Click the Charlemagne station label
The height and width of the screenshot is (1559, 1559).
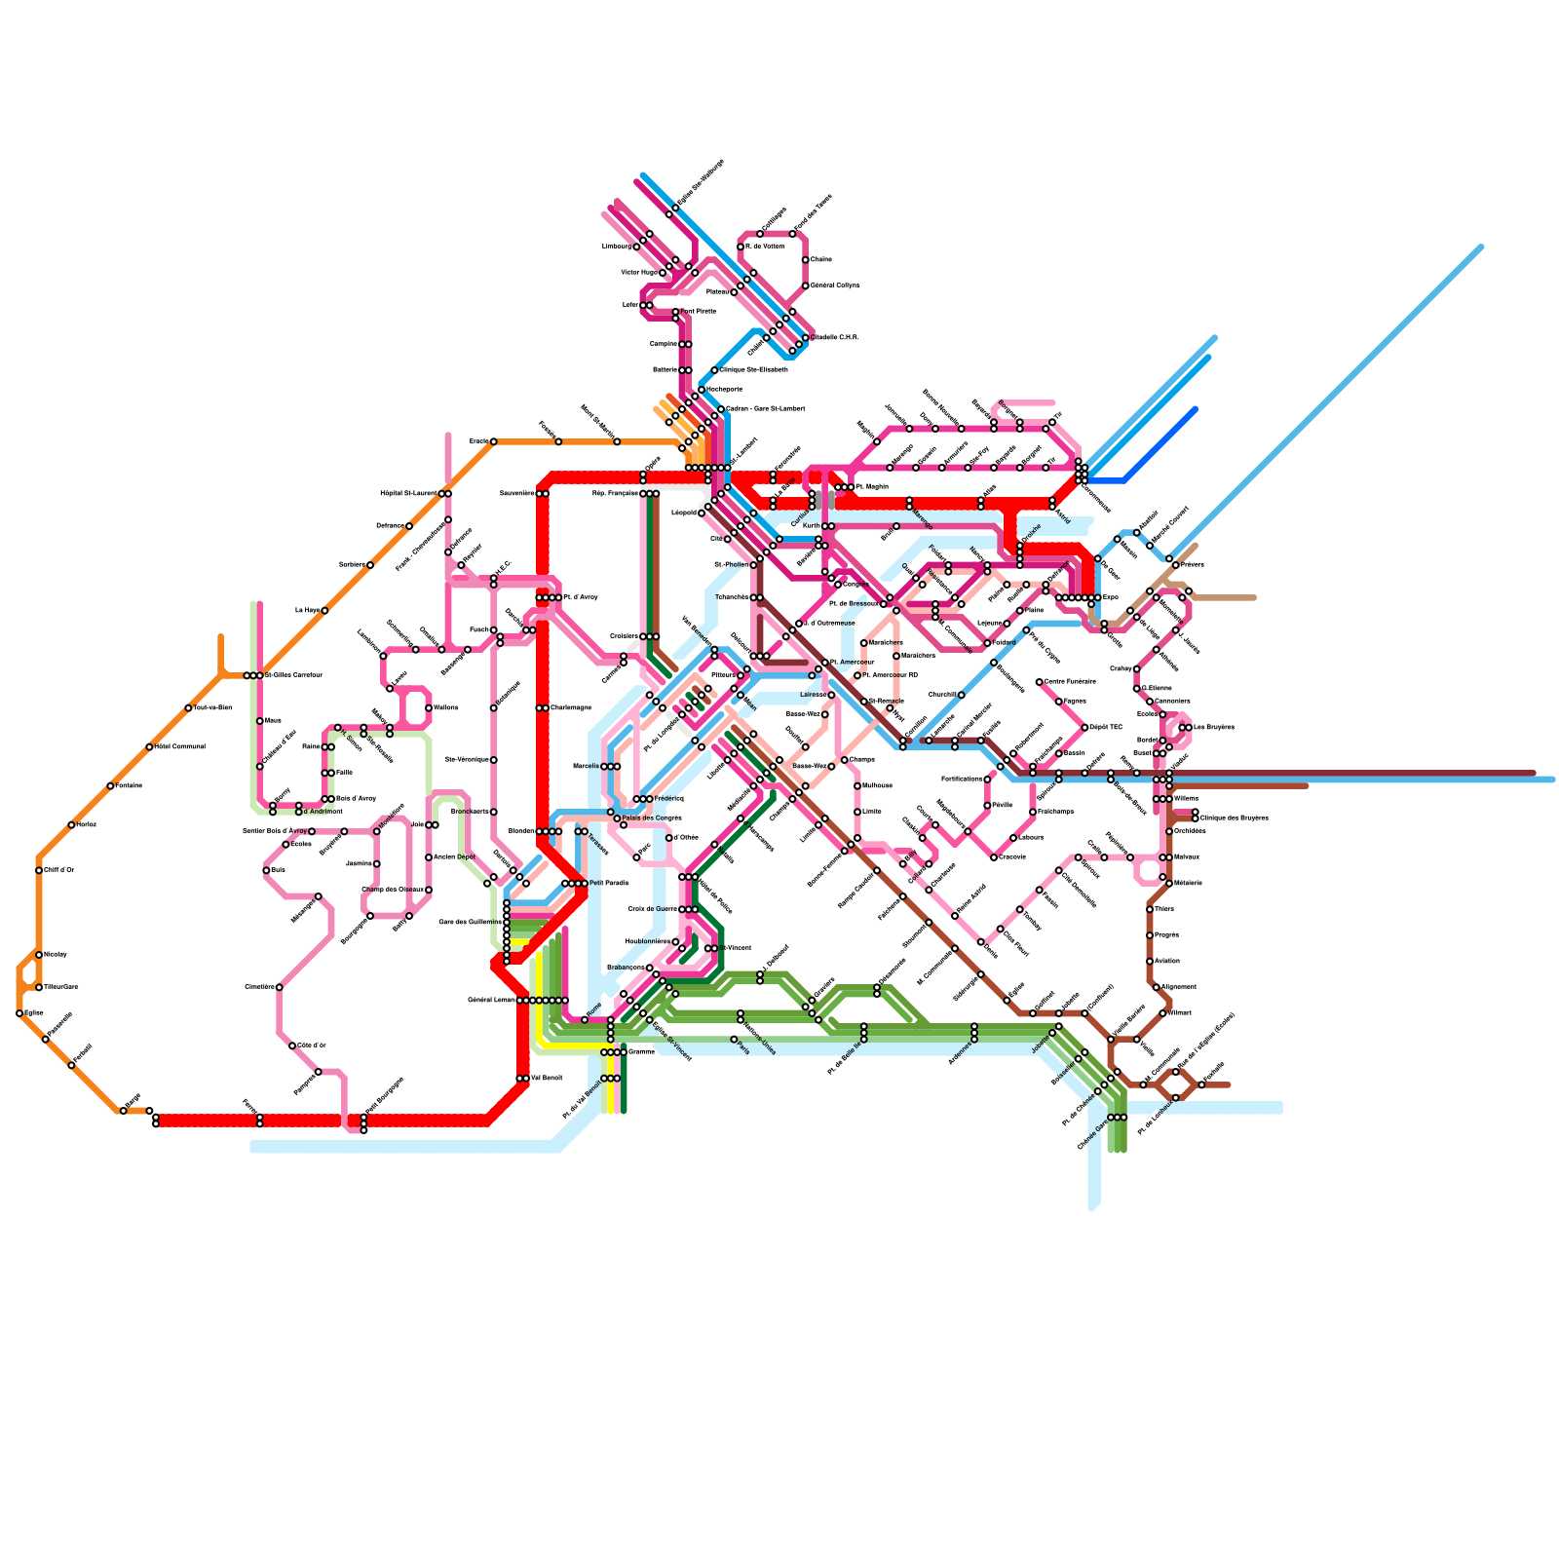click(571, 707)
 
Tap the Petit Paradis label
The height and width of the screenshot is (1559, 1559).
click(609, 883)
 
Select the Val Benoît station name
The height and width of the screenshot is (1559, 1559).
click(547, 1078)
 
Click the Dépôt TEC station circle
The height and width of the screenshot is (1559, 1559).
click(1084, 727)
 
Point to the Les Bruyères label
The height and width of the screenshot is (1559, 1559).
click(1214, 727)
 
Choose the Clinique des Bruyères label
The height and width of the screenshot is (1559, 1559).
click(1235, 818)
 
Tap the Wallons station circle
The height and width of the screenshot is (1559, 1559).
click(429, 707)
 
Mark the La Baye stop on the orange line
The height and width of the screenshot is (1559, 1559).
click(324, 610)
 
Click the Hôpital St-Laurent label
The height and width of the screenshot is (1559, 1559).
click(409, 493)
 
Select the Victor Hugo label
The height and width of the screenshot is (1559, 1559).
click(639, 273)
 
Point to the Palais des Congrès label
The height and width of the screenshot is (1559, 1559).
click(652, 818)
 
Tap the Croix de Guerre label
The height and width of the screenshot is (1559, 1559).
click(652, 909)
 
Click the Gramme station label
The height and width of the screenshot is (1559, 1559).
click(641, 1051)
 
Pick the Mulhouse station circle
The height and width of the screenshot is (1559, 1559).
click(857, 785)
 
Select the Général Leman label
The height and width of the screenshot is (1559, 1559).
click(491, 1000)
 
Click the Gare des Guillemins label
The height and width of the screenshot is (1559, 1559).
click(471, 922)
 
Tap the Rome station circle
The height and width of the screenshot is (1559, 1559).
click(585, 1019)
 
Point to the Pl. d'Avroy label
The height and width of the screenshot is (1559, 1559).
click(581, 597)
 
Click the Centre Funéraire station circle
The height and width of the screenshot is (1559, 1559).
click(1040, 682)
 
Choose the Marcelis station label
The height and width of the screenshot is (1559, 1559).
click(586, 766)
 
